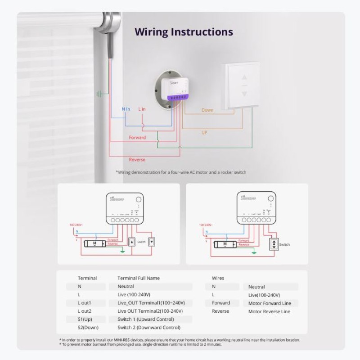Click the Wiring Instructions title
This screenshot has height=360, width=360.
click(184, 32)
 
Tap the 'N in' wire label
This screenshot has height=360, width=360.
click(126, 109)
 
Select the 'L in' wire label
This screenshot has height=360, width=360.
click(142, 109)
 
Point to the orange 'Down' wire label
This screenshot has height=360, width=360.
click(207, 110)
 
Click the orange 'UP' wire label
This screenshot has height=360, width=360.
click(204, 133)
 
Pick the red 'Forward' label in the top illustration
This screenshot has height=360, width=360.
click(137, 137)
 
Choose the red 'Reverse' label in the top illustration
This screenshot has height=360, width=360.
click(137, 160)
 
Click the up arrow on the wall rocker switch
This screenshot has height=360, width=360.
click(244, 77)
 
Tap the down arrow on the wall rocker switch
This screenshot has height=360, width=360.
click(244, 94)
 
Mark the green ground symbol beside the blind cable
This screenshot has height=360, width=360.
click(99, 94)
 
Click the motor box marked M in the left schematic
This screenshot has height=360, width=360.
click(94, 243)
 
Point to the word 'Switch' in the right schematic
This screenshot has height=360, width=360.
click(284, 245)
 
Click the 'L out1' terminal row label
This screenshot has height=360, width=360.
click(84, 303)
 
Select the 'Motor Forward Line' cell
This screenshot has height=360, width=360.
click(269, 303)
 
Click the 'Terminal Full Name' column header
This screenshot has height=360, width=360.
click(138, 278)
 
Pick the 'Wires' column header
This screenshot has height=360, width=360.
click(218, 278)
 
